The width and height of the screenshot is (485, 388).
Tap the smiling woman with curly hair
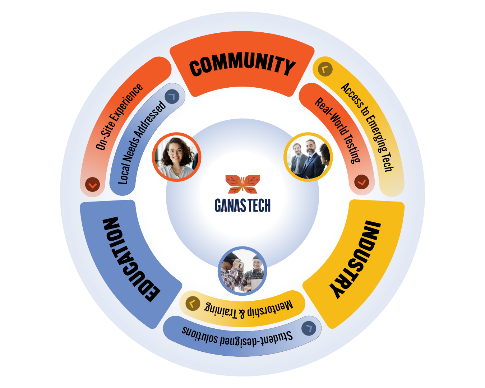(176, 157)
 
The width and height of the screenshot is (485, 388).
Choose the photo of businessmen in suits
(308, 157)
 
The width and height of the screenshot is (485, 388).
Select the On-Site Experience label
(119, 117)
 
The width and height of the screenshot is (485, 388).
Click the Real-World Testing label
(338, 130)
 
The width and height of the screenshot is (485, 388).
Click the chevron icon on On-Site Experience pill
(92, 185)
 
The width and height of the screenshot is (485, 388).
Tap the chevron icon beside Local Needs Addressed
(172, 97)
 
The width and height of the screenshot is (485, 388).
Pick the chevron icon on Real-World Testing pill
(361, 182)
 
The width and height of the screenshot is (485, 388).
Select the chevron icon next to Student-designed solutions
(309, 328)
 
